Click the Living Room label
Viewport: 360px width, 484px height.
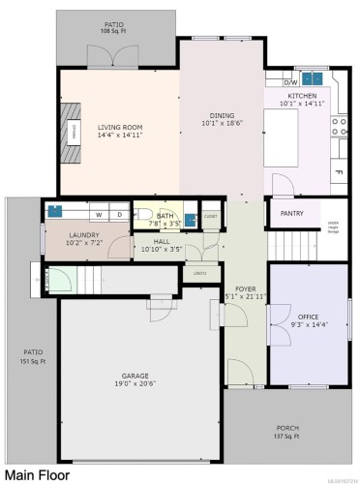120,127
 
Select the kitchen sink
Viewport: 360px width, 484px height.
313,79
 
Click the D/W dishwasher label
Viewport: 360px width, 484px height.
290,83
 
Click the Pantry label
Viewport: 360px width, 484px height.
291,213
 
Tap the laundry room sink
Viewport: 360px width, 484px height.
55,209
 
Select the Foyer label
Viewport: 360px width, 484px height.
245,287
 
